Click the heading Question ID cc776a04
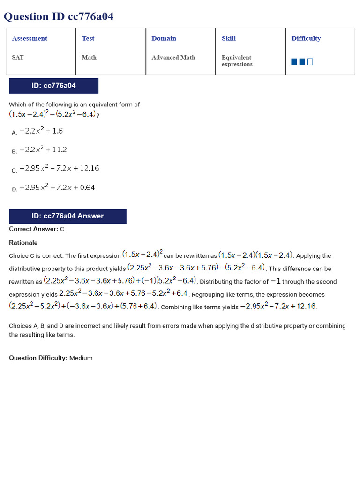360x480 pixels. (x=59, y=17)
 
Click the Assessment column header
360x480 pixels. (x=30, y=38)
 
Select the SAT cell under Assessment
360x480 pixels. (x=18, y=57)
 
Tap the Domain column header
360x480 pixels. (x=164, y=38)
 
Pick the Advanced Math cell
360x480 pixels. (x=173, y=57)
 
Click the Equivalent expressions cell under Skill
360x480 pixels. (x=237, y=60)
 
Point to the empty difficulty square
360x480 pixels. (x=310, y=62)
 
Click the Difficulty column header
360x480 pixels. (x=306, y=38)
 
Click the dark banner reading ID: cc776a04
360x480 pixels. (x=53, y=86)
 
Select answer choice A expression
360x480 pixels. (x=41, y=131)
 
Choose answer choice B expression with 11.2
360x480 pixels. (x=43, y=150)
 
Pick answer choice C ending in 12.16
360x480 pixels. (x=59, y=169)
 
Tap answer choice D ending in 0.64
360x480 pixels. (x=57, y=187)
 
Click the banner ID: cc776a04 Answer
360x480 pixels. (x=67, y=216)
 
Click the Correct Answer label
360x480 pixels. (x=33, y=229)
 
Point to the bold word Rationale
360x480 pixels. (x=23, y=243)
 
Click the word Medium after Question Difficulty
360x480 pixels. (x=81, y=358)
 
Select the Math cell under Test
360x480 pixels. (x=89, y=57)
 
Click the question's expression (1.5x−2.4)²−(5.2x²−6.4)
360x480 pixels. (x=52, y=114)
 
